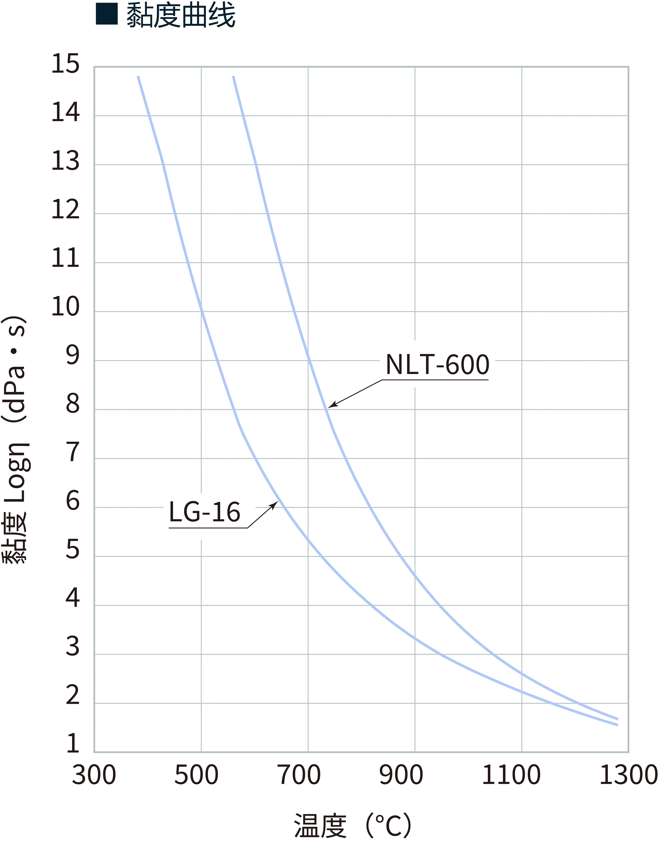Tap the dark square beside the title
pyautogui.click(x=107, y=14)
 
